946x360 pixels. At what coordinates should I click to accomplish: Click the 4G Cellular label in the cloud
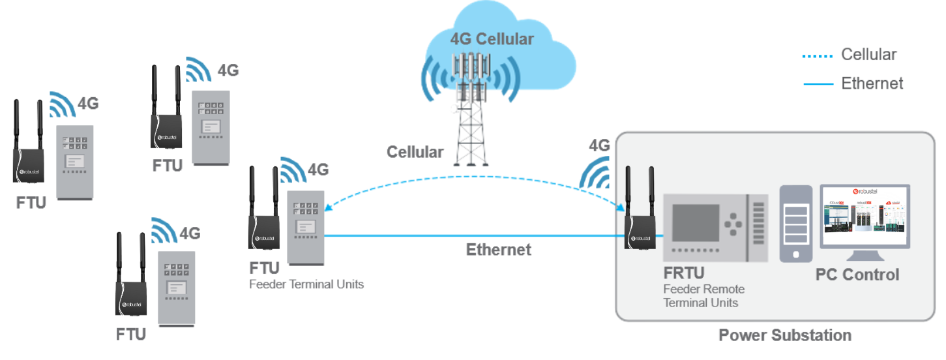point(492,39)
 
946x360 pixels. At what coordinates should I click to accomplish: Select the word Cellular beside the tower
point(415,153)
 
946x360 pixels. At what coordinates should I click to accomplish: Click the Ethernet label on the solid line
point(498,249)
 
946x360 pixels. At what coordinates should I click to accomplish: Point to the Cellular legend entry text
point(868,55)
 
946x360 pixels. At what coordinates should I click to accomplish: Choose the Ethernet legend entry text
point(872,83)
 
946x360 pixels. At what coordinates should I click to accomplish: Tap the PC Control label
point(857,275)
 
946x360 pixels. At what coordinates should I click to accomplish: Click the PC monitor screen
point(865,216)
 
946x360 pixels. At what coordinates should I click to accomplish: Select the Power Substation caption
point(785,335)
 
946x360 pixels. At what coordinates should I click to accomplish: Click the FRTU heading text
point(683,273)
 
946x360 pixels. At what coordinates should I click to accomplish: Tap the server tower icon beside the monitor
point(796,224)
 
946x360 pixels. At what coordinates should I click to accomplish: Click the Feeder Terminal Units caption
point(306,284)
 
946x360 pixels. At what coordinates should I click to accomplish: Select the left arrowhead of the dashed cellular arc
point(328,208)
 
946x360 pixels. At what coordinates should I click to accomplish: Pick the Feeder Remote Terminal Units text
point(703,295)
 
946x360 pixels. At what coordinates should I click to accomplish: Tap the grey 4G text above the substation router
point(599,145)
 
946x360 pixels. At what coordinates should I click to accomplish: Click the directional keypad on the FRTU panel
point(735,224)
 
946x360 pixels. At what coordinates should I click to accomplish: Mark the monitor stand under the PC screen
point(865,256)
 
